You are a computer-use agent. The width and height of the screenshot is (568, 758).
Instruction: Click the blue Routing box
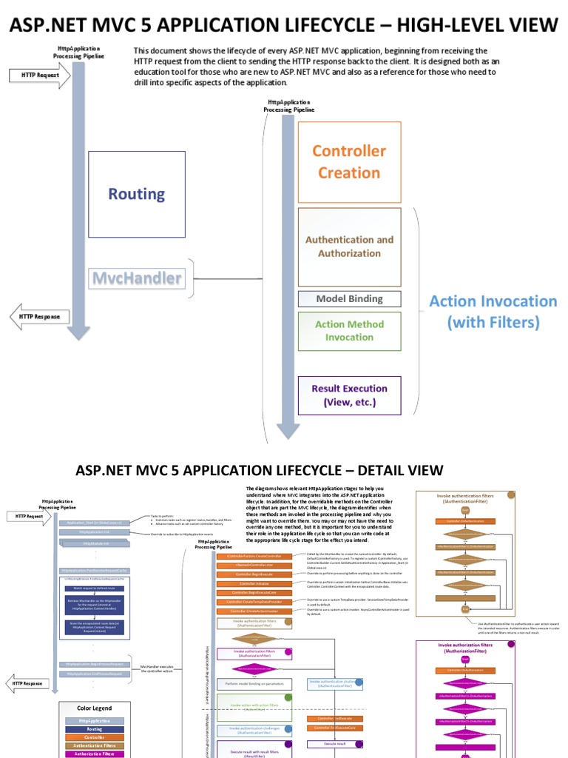click(x=136, y=194)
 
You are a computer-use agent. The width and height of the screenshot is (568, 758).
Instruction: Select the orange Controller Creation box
click(x=348, y=161)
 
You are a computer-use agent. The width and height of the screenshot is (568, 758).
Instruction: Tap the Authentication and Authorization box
click(x=349, y=246)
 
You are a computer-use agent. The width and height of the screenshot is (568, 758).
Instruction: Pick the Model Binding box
click(x=349, y=299)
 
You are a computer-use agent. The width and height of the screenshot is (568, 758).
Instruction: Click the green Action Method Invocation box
click(x=349, y=331)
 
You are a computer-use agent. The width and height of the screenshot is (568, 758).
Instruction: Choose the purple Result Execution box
click(x=349, y=395)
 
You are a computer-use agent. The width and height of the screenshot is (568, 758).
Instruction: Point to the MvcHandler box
click(x=136, y=279)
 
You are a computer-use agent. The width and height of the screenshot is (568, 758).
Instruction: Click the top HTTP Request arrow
click(x=38, y=75)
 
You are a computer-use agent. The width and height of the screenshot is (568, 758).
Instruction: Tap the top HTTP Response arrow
click(x=38, y=317)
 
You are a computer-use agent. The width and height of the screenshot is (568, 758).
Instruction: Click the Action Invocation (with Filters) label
click(x=493, y=312)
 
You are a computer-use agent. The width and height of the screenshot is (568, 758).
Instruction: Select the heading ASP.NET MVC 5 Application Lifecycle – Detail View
click(x=260, y=470)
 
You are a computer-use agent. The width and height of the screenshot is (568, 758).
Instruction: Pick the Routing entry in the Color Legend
click(x=95, y=729)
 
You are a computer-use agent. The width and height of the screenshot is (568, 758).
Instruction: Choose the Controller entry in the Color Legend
click(x=95, y=737)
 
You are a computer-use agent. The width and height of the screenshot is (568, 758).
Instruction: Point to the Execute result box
click(x=335, y=743)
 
